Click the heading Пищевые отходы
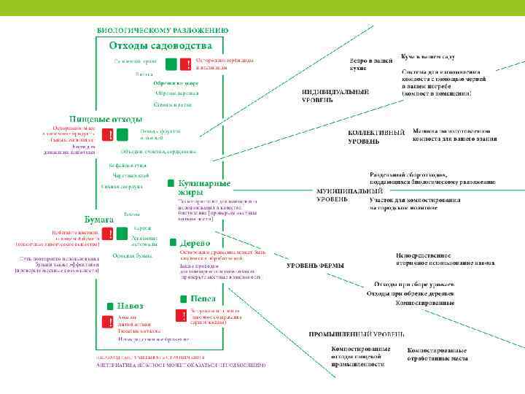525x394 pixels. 106,118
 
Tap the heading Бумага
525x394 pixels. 99,219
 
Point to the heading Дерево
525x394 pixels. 195,242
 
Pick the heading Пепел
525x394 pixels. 203,298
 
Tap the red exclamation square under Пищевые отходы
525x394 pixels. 108,136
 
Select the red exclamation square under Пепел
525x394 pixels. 180,315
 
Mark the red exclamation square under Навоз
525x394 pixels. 108,322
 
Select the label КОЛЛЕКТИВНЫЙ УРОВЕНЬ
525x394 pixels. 376,137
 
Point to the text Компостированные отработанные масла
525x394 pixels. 437,354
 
